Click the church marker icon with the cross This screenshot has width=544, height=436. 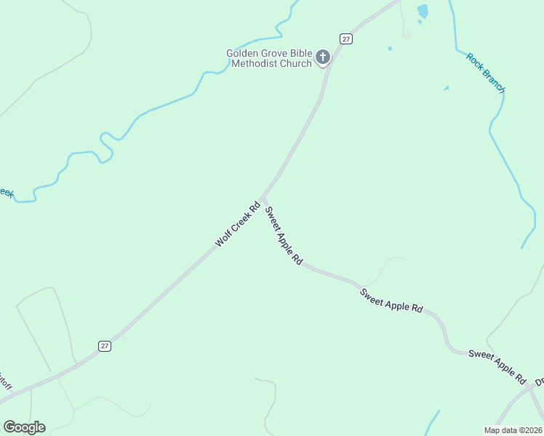[322, 56]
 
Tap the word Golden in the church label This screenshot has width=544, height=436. [242, 53]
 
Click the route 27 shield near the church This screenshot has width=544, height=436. [346, 39]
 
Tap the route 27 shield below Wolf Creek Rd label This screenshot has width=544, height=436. [105, 346]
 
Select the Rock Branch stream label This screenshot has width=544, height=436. [485, 73]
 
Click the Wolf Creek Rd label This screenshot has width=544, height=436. [237, 225]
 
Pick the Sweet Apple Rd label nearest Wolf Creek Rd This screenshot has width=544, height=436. [283, 235]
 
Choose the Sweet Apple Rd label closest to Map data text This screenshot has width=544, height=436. [497, 366]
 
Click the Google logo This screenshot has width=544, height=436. [24, 427]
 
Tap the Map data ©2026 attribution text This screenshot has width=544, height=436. [513, 429]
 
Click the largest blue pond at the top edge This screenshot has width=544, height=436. [423, 11]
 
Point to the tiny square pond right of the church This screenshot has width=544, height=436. [390, 49]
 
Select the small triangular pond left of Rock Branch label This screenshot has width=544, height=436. [446, 88]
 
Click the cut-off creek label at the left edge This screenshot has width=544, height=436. [6, 193]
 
